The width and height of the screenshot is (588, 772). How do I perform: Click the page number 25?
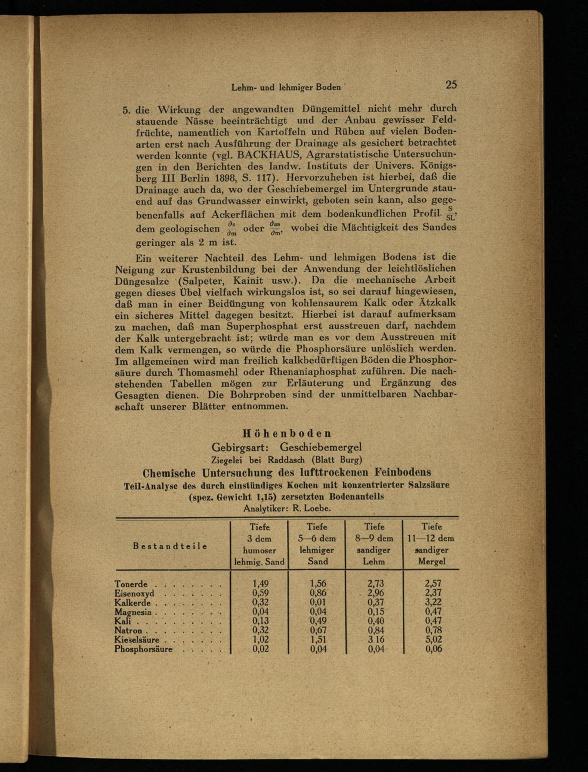coord(451,84)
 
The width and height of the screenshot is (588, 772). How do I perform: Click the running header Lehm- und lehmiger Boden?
coord(286,87)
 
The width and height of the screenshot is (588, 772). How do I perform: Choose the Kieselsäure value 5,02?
coord(433,640)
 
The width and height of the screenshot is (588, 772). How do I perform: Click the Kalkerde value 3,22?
coord(433,603)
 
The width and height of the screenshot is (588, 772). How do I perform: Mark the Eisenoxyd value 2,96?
coord(375,593)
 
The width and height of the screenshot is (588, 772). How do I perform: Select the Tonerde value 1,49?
coord(260,584)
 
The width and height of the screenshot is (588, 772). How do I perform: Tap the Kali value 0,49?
coord(318,621)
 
